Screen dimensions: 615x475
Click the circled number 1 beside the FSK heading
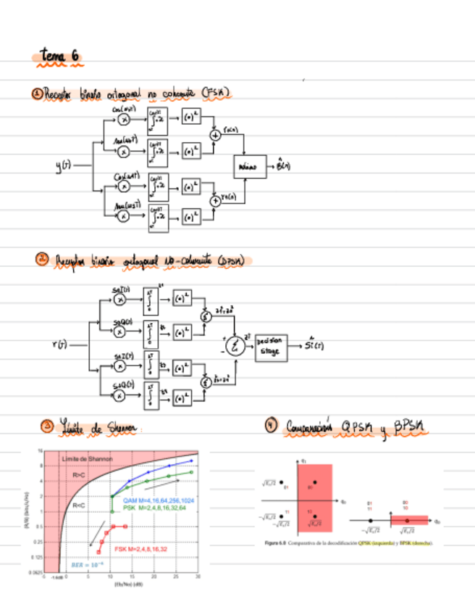pos(38,93)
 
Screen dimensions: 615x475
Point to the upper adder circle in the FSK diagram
pos(214,135)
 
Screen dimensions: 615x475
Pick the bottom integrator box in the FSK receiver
pos(158,217)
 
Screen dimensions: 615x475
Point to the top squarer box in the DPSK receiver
pos(181,297)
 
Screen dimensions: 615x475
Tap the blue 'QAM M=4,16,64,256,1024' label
pos(158,500)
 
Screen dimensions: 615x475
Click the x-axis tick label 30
pos(197,577)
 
